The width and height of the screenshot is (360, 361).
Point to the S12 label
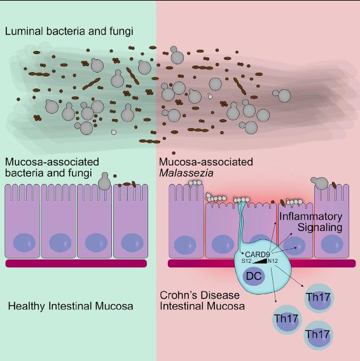coord(247,260)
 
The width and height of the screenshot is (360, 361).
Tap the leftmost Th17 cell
coord(286,318)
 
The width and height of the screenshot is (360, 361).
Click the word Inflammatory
coord(311,216)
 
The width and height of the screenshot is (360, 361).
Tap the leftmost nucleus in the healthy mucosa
coord(24,242)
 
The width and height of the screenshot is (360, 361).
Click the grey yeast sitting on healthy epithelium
coord(106,182)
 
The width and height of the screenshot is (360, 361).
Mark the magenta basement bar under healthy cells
coord(76,262)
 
